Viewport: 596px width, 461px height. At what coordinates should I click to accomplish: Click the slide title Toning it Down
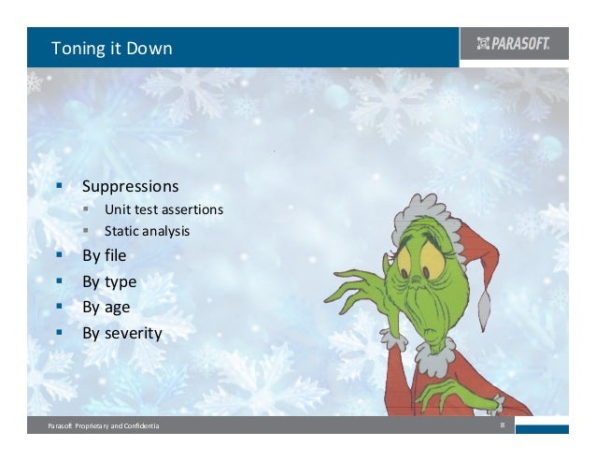[x=111, y=48]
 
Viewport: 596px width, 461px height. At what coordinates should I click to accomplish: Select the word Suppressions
[x=130, y=186]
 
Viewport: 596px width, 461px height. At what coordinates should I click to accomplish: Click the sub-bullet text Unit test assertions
[x=163, y=209]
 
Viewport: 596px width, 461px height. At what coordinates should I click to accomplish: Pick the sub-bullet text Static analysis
[x=147, y=230]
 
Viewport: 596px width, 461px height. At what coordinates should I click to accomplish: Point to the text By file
[x=104, y=254]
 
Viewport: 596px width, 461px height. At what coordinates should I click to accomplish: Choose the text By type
[x=109, y=281]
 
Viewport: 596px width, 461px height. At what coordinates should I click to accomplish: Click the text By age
[x=106, y=307]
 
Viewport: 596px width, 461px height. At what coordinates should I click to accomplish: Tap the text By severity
[x=121, y=332]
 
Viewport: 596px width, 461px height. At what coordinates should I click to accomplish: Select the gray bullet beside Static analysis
[x=84, y=230]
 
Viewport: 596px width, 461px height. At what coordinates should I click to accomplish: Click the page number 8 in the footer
[x=503, y=426]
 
